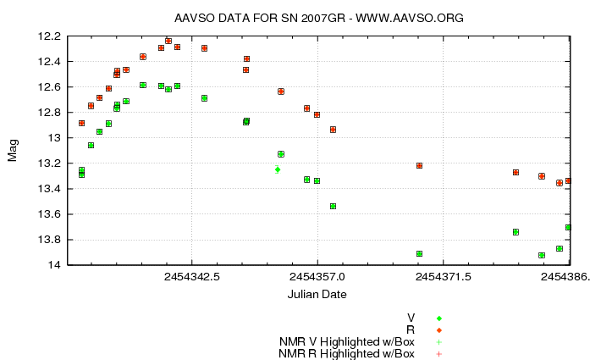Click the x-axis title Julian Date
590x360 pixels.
click(317, 294)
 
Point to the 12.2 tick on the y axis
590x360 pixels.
click(49, 36)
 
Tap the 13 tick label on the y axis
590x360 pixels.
click(54, 138)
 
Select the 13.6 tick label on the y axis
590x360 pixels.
click(49, 214)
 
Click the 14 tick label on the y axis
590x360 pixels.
click(54, 265)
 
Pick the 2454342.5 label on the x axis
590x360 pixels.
click(192, 277)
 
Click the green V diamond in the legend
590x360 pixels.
click(439, 318)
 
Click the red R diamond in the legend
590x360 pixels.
click(439, 330)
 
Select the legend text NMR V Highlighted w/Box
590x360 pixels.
click(347, 341)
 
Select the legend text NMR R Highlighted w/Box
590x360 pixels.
click(347, 353)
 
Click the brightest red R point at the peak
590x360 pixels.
click(168, 41)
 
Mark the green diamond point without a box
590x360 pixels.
click(278, 169)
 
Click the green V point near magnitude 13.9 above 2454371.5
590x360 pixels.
click(419, 253)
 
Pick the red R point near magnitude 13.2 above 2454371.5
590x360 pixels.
click(419, 165)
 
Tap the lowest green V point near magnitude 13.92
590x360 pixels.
click(542, 255)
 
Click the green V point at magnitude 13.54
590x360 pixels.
click(333, 206)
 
